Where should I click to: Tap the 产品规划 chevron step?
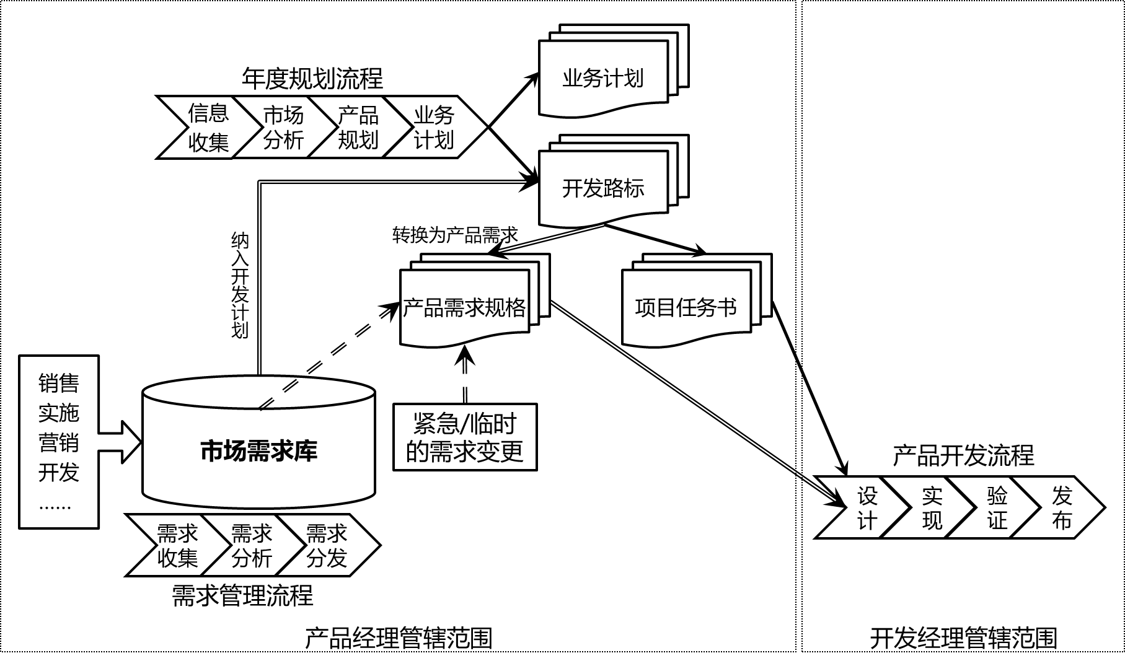358,128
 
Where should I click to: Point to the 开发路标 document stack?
603,188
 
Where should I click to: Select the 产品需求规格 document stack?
464,307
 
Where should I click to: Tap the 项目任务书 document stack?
686,307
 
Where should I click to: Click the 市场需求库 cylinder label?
258,450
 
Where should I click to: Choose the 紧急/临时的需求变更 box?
465,437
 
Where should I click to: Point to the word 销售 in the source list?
59,383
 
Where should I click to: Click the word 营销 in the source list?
59,442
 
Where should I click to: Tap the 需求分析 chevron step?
252,545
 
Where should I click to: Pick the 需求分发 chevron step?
327,545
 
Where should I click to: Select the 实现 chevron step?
932,507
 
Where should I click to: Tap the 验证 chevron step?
997,507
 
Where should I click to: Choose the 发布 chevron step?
1062,507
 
